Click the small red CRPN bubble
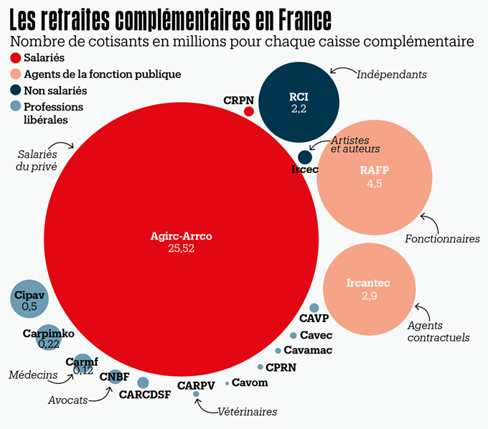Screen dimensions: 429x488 [x=249, y=111]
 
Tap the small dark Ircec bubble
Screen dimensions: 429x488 [x=305, y=157]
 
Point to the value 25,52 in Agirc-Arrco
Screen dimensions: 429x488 [x=181, y=249]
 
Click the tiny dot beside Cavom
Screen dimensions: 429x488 [x=227, y=383]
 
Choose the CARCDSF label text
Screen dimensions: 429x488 [x=145, y=395]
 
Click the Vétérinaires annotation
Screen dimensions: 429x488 [x=248, y=412]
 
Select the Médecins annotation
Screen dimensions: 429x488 [x=33, y=374]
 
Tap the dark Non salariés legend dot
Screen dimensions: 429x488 [x=16, y=90]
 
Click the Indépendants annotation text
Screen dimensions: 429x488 [x=393, y=75]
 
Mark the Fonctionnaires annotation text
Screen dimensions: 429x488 [x=442, y=239]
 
